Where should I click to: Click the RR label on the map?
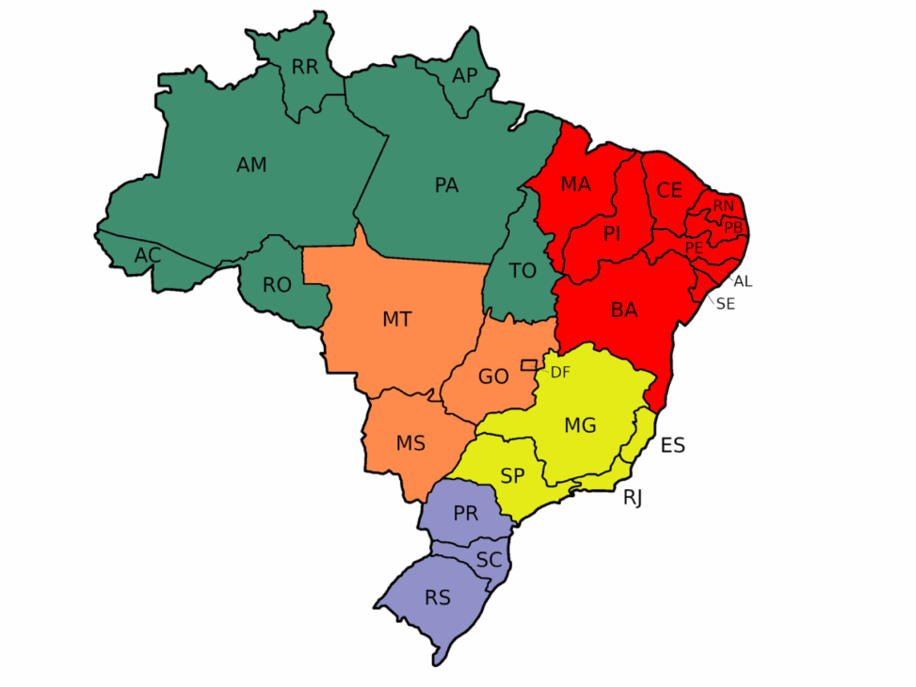tap(305, 67)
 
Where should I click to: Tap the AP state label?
tap(465, 75)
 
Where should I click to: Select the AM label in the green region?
tap(251, 166)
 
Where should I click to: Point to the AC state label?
tap(147, 255)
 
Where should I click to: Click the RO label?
tap(277, 285)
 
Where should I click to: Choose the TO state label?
tap(522, 271)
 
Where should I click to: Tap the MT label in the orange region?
tap(396, 320)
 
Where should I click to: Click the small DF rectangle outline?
tap(529, 364)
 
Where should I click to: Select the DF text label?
tap(560, 373)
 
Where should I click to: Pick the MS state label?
tap(410, 443)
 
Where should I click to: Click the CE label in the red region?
tap(669, 191)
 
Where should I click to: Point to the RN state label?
tap(723, 205)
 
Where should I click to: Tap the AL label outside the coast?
tap(743, 281)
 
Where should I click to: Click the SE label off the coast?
tap(725, 304)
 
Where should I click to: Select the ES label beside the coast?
tap(672, 445)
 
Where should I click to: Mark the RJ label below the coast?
tap(633, 498)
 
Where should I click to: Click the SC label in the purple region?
tap(489, 560)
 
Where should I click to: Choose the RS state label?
tap(437, 598)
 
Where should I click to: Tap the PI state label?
tap(612, 233)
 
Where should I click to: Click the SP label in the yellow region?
tap(512, 476)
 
